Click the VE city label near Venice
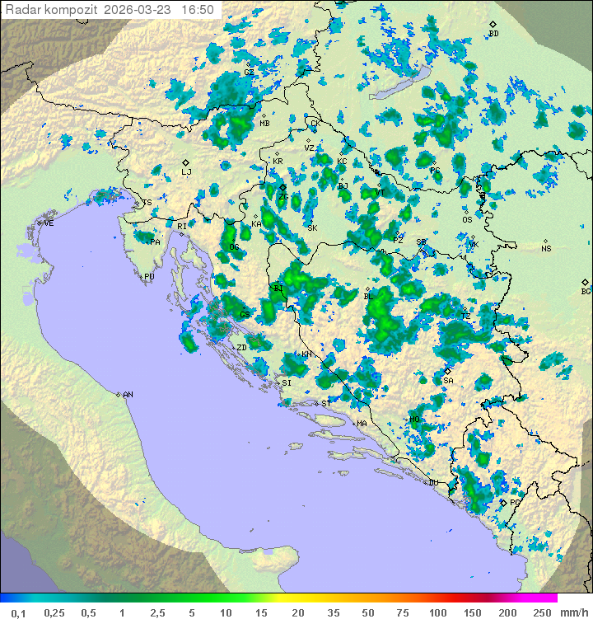pos(49,223)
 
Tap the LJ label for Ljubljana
pos(186,172)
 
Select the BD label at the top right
pos(493,34)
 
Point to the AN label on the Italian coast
pos(128,395)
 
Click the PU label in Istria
pos(149,277)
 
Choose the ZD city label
pos(241,348)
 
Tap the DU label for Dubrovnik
pos(432,483)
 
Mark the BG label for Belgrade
pos(586,291)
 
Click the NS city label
pos(546,249)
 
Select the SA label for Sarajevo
pos(448,381)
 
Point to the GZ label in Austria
pos(249,73)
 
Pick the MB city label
pos(264,124)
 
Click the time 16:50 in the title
pos(198,10)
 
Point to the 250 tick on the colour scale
pos(541,612)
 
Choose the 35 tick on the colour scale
pos(334,612)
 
